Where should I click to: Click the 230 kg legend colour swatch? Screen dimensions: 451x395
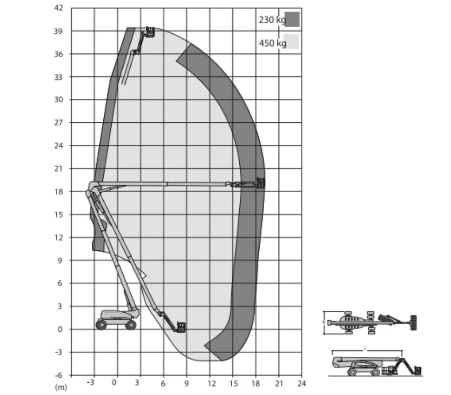(x=292, y=20)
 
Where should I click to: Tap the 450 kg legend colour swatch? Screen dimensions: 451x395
(x=291, y=42)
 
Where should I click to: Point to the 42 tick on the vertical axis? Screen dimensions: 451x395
(x=59, y=8)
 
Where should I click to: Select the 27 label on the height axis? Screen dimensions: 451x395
(x=59, y=123)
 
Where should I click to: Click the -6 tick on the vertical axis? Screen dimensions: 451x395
(x=59, y=375)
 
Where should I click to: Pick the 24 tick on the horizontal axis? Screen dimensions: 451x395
(x=302, y=384)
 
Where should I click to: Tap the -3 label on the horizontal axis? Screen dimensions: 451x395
(x=90, y=383)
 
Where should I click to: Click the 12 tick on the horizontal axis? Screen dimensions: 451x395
(x=212, y=384)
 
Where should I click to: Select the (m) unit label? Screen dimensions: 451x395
(x=61, y=387)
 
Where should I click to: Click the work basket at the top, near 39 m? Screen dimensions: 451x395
(x=150, y=31)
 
